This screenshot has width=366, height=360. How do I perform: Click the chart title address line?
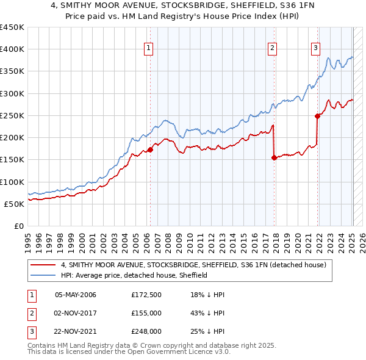click(183, 6)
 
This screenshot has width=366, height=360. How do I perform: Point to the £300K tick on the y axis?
click(12, 93)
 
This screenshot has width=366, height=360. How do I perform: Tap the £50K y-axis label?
click(14, 204)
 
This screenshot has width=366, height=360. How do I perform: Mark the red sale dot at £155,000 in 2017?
click(274, 157)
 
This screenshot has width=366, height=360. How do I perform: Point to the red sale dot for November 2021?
click(317, 116)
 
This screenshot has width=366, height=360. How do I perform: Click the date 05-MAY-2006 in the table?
click(76, 295)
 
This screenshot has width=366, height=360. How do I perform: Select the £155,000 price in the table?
click(146, 313)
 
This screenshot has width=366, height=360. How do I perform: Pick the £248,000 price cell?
click(146, 331)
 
